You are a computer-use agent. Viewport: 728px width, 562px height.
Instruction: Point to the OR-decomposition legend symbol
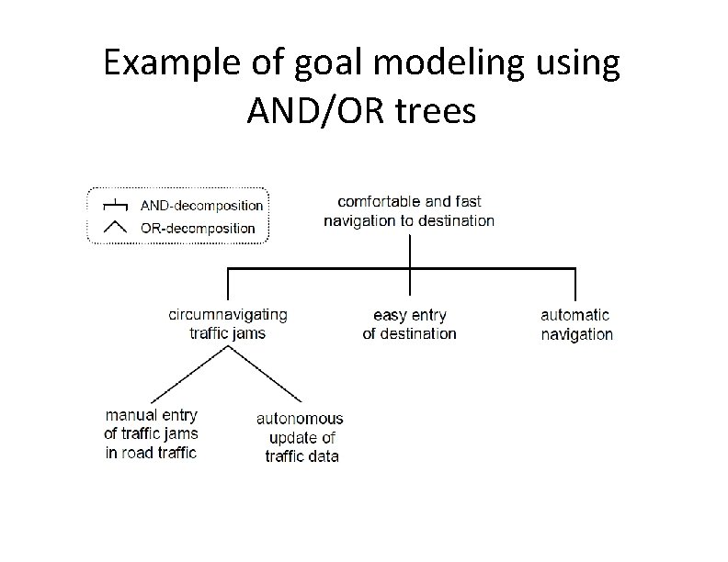coord(115,226)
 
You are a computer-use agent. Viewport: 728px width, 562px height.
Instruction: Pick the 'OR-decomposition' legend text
coord(198,227)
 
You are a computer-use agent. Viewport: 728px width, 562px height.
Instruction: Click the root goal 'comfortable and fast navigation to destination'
coord(409,210)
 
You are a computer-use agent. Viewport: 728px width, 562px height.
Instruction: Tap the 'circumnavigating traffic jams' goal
coord(227,323)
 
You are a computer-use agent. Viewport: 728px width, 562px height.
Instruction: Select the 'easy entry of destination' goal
coord(409,324)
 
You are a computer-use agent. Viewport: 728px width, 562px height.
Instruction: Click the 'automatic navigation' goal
coord(576,324)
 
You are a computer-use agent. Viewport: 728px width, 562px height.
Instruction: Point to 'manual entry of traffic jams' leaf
coord(151,434)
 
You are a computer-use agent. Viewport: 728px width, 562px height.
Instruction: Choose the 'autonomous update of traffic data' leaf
coord(301,437)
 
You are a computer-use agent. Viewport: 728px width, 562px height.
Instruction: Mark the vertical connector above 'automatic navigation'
coord(575,283)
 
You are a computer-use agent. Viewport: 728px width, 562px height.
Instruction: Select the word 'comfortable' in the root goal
coord(376,201)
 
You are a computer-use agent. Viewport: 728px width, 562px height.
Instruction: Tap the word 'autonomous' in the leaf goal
coord(300,419)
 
